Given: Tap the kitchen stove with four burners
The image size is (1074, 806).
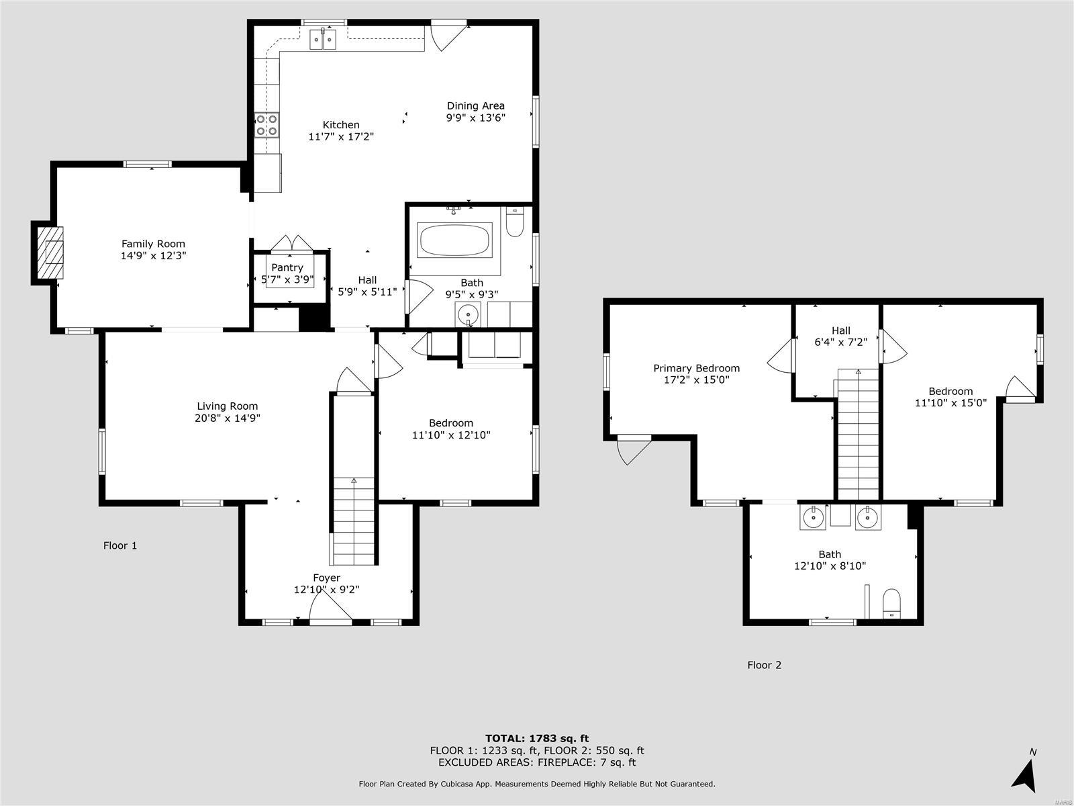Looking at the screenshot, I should click(266, 126).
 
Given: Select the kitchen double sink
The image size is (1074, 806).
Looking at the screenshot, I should click(324, 40).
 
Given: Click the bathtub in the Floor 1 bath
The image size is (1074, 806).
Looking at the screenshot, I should click(454, 240).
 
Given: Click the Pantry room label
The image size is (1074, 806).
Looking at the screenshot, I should click(287, 267).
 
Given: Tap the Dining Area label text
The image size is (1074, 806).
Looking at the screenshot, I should click(475, 105).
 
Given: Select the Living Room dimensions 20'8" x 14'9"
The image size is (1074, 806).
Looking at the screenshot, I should click(227, 418).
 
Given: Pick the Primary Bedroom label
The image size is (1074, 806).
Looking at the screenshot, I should click(696, 368).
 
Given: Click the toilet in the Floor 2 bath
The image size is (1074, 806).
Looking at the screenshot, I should click(891, 602).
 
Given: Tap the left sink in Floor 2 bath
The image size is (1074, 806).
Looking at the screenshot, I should click(814, 517).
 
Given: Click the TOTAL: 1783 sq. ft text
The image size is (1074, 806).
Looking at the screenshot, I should click(537, 738).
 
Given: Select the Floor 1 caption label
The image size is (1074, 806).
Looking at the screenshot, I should click(119, 545).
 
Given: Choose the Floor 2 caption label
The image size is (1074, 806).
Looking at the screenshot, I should click(764, 665).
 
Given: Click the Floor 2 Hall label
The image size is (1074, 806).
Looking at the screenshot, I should click(840, 330).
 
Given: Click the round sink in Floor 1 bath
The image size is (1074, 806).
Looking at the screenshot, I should click(468, 314).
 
